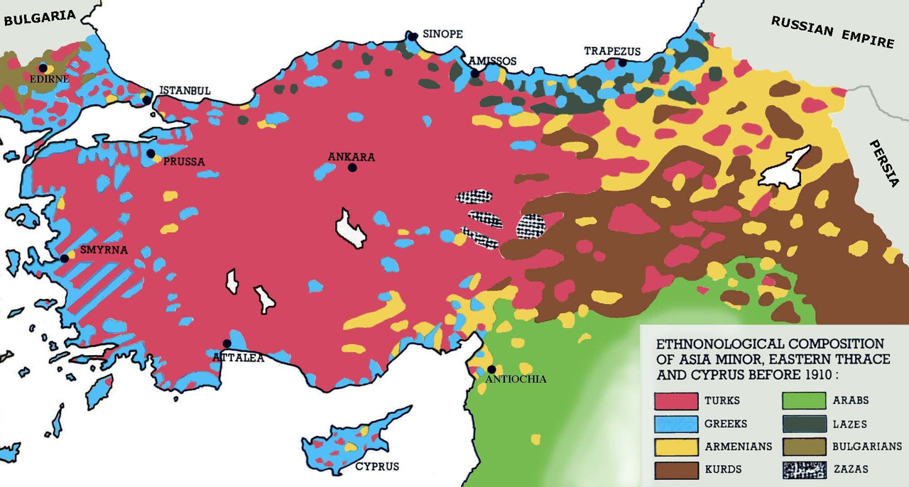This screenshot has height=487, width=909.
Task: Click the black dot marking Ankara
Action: [x=352, y=168]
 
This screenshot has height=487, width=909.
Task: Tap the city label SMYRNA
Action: [x=104, y=250]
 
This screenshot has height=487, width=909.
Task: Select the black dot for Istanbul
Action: [x=146, y=100]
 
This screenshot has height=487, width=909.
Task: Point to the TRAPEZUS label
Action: [x=612, y=51]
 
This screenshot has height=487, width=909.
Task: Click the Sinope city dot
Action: [x=411, y=35]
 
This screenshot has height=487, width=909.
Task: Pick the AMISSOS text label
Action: [x=492, y=61]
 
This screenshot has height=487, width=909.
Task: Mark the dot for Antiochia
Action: [x=491, y=369]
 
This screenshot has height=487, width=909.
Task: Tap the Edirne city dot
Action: [x=43, y=67]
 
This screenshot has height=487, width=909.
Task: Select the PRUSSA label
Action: [x=184, y=161]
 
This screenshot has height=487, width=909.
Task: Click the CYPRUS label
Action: [x=377, y=466]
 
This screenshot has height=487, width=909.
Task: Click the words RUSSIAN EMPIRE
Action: [x=832, y=32]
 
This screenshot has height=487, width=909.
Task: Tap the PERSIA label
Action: [x=883, y=164]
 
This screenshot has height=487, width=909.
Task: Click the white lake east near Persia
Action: [x=785, y=168]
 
